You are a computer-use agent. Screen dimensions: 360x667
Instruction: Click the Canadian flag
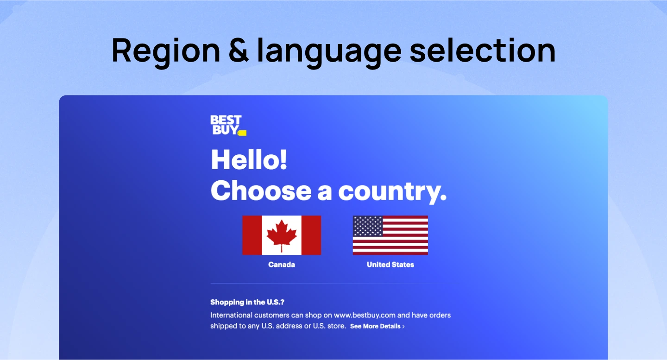tap(281, 235)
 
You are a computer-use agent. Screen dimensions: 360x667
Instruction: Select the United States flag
tap(390, 235)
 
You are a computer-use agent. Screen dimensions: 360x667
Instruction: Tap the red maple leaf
tap(282, 234)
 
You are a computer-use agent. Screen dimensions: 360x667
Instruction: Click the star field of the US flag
tap(368, 226)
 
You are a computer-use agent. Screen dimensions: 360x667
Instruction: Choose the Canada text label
tap(282, 265)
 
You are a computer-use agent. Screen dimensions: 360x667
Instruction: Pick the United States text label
tap(390, 265)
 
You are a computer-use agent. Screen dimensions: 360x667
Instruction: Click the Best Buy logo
tap(227, 125)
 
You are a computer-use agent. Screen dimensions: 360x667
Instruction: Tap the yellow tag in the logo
tap(242, 133)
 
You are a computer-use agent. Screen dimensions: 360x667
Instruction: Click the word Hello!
tap(249, 160)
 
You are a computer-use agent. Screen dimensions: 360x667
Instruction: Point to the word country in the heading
tap(392, 191)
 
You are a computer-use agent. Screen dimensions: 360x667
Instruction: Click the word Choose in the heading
tap(261, 191)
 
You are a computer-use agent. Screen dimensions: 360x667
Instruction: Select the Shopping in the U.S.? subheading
tap(247, 302)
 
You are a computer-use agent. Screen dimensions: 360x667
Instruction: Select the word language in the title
tap(329, 51)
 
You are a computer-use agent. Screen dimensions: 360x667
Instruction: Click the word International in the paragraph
tap(233, 315)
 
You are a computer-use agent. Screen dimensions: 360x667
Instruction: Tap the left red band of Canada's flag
tap(252, 235)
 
